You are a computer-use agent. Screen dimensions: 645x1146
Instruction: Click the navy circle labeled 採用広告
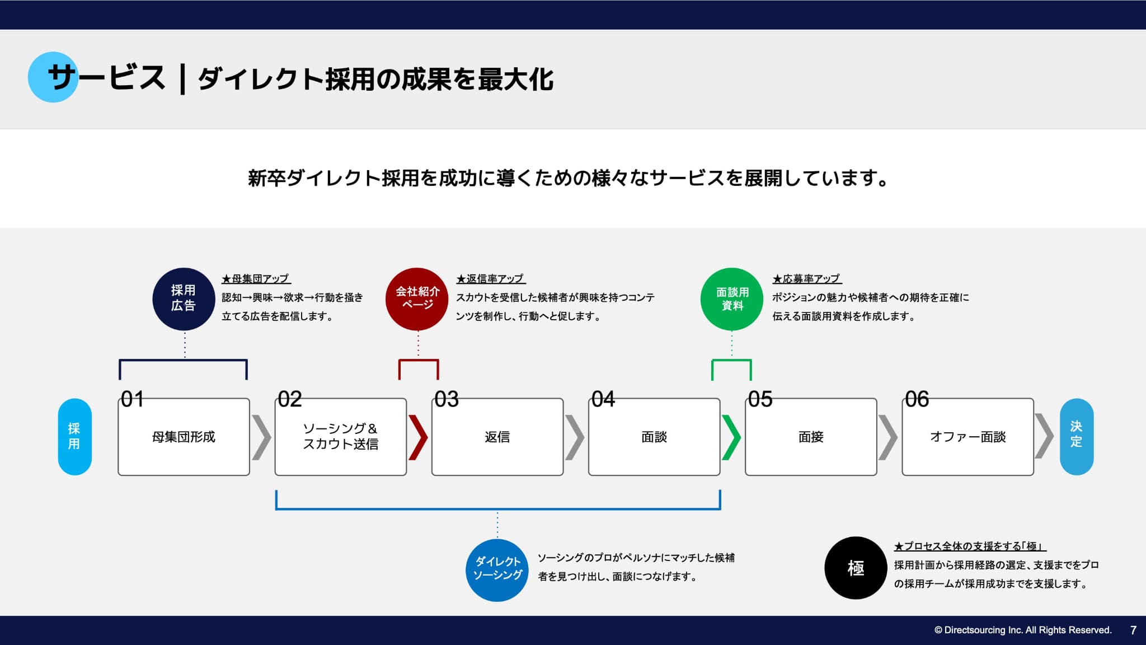click(184, 299)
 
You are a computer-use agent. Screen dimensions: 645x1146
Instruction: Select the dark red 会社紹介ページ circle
click(417, 299)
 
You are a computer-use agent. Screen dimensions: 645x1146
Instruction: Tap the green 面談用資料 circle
click(732, 299)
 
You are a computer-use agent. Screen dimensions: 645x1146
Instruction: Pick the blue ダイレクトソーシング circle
click(497, 570)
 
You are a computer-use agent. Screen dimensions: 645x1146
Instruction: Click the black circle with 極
click(856, 568)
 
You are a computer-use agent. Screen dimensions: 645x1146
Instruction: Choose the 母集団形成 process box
click(184, 437)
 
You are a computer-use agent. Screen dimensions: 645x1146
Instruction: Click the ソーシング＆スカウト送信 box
click(340, 437)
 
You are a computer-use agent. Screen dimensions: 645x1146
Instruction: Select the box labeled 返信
click(497, 437)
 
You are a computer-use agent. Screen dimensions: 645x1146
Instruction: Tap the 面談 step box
click(654, 437)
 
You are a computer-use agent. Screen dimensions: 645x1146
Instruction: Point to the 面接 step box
click(811, 437)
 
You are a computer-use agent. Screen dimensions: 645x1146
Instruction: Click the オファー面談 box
click(967, 437)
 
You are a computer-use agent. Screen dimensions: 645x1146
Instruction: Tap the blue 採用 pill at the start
click(74, 437)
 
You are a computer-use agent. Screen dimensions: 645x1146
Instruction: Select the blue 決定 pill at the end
click(1076, 437)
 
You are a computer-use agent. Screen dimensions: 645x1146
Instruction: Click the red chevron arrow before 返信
click(418, 437)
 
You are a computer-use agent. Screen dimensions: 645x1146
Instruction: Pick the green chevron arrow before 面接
click(731, 437)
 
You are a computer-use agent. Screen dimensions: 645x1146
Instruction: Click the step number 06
click(917, 399)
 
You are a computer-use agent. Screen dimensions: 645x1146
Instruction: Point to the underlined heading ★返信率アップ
click(491, 279)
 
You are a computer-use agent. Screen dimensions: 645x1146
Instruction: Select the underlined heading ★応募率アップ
click(807, 279)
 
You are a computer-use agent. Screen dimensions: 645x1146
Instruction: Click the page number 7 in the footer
click(1133, 630)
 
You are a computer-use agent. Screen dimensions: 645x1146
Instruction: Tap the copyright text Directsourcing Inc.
click(1023, 630)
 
